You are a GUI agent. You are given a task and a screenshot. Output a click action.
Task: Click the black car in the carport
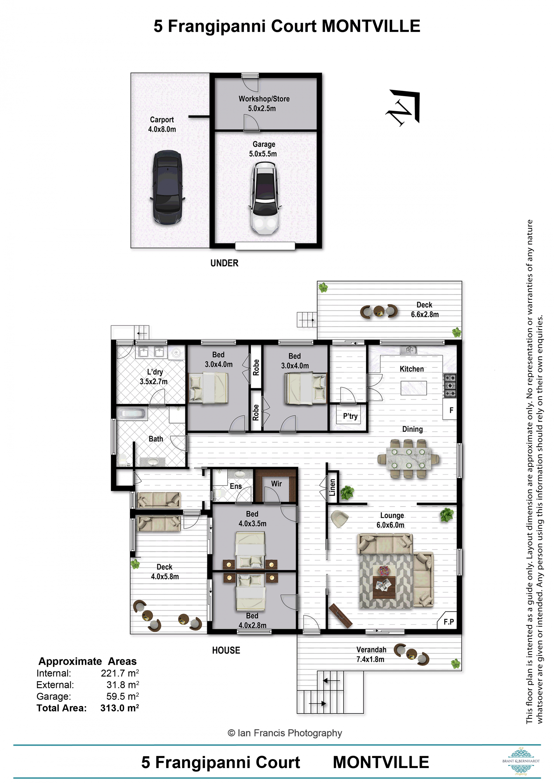coord(167,187)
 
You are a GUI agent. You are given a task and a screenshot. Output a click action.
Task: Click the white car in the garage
coord(265,198)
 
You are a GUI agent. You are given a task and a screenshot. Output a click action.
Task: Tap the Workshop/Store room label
coord(264,99)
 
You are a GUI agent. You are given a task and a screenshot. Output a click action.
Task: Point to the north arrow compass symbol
coord(403,107)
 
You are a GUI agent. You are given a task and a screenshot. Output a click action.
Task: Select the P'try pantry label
coord(350,416)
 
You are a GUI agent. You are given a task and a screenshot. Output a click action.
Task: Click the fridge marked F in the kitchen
coord(450,410)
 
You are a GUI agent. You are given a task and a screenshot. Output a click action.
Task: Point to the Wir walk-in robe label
coord(276,484)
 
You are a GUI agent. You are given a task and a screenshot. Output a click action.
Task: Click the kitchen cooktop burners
coord(450,385)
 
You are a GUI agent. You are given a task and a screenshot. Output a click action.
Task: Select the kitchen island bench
coord(413,388)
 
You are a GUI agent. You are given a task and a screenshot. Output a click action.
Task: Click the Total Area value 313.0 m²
coord(119,708)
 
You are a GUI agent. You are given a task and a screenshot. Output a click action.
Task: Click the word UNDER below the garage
coord(224,263)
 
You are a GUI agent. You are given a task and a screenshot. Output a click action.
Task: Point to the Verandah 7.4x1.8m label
coord(371,654)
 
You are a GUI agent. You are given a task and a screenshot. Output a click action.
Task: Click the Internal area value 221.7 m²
coord(119,673)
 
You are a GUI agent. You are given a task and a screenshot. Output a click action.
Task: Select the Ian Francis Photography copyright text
coord(285,733)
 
